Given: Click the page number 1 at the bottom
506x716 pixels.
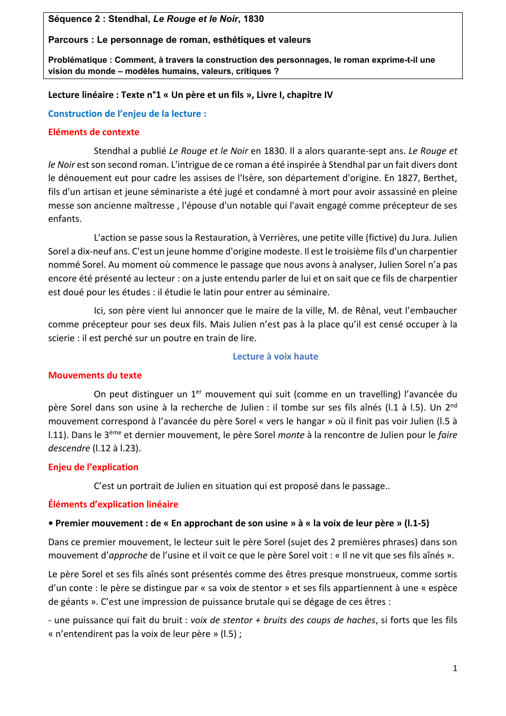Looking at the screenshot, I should click(x=455, y=668).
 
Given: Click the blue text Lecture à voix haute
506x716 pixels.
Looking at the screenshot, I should click(x=275, y=356).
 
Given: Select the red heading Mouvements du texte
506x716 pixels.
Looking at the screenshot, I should click(x=95, y=375).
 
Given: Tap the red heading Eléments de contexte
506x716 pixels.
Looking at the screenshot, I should click(x=94, y=132).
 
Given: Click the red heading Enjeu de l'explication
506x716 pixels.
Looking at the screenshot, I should click(x=93, y=467).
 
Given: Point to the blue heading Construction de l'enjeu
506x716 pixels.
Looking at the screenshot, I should click(x=127, y=114).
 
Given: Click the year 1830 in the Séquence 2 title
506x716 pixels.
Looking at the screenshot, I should click(x=253, y=19).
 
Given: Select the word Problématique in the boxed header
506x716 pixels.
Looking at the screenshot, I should click(x=77, y=60).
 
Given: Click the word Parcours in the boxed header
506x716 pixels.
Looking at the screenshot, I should click(x=68, y=40).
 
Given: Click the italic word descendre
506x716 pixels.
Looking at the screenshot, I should click(x=69, y=448).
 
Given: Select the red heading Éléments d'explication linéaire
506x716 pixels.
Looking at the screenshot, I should click(x=113, y=504).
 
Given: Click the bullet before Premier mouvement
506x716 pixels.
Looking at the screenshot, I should click(x=51, y=523).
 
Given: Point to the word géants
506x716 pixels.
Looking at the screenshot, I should click(x=75, y=602).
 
